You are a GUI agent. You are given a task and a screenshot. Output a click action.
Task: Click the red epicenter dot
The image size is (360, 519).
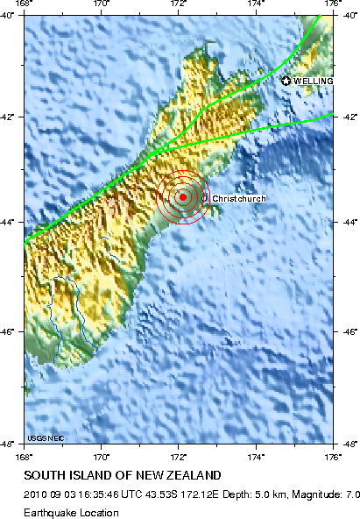pos(182,197)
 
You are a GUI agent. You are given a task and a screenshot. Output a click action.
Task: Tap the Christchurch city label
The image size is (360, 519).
pos(238,199)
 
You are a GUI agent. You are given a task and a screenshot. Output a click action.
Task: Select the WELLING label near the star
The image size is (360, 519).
pos(313,81)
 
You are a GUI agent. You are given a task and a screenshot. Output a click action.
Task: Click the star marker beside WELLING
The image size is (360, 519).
pos(286,81)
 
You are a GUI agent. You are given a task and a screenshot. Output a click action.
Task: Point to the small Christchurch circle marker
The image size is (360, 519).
pos(206,199)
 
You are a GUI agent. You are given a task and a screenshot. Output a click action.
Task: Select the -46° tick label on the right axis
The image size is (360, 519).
pos(348,331)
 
